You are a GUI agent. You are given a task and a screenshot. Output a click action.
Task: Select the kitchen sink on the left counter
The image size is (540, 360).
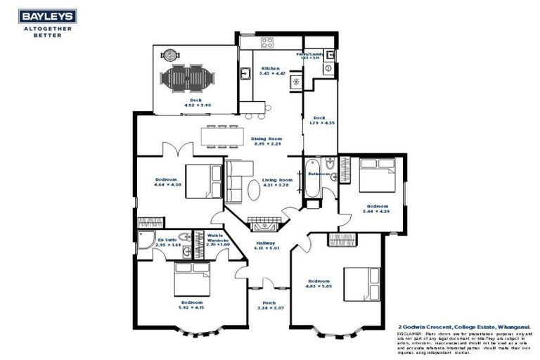(245, 73)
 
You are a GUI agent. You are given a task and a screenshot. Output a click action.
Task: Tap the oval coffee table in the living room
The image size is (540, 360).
(252, 191)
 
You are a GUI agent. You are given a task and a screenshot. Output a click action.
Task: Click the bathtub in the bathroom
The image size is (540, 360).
(312, 185)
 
